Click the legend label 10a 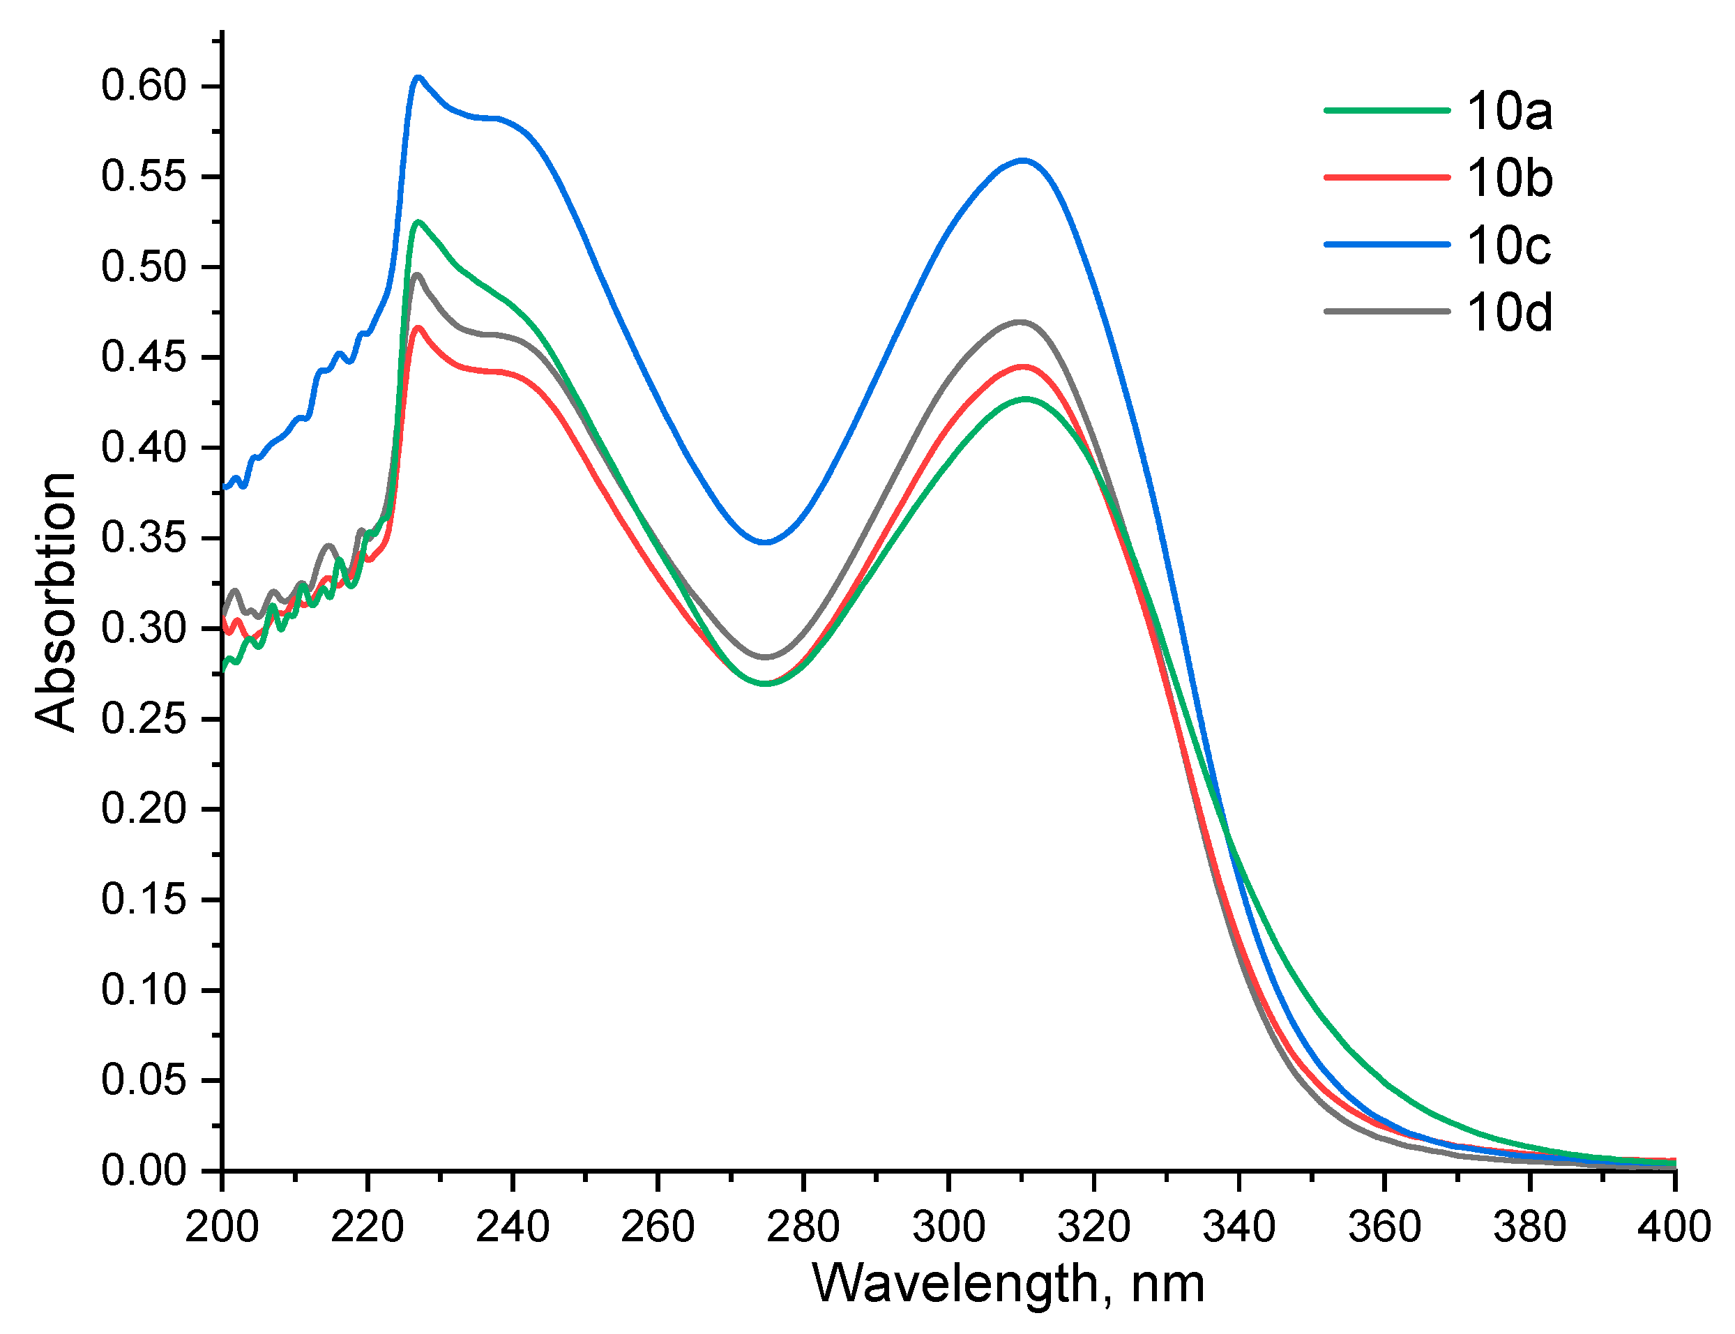[1508, 111]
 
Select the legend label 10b [1508, 178]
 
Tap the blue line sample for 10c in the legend [1386, 245]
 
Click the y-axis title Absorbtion [56, 601]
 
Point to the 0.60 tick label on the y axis [144, 86]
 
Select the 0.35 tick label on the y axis [144, 538]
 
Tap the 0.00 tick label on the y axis [144, 1170]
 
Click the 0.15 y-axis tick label [144, 900]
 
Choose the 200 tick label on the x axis [222, 1227]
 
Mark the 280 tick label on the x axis [803, 1227]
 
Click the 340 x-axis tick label [1238, 1227]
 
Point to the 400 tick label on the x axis [1673, 1227]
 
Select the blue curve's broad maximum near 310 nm [1023, 160]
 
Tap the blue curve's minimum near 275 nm [766, 543]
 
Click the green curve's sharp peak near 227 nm [418, 222]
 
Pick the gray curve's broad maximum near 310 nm [1020, 321]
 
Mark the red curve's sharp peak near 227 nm [418, 327]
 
